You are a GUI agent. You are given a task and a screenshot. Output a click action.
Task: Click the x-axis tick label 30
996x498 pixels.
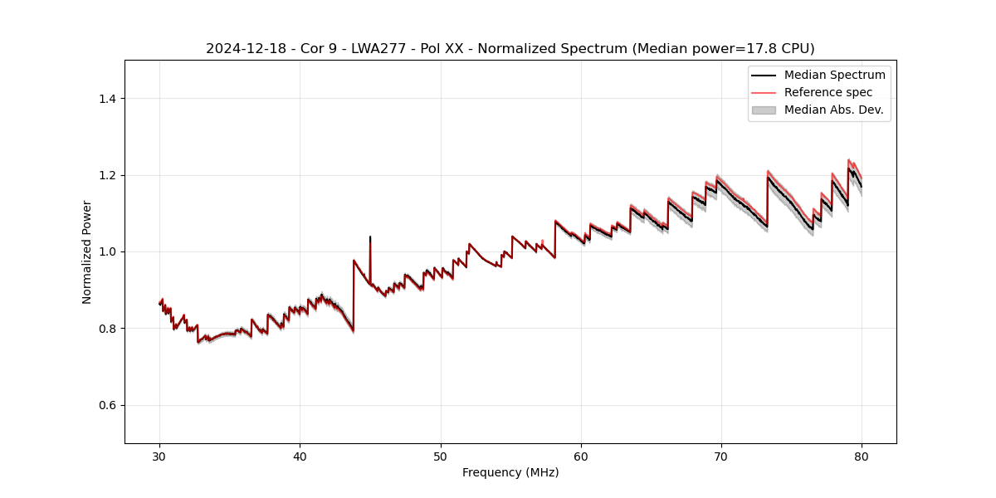tap(159, 456)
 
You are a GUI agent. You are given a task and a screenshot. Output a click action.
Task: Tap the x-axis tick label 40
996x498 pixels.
tap(300, 456)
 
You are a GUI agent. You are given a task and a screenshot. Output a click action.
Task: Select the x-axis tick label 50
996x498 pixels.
tap(441, 456)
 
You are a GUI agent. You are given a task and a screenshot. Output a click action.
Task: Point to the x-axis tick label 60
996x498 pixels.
tap(581, 456)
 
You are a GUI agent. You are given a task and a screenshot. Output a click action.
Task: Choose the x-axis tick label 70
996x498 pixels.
tap(721, 456)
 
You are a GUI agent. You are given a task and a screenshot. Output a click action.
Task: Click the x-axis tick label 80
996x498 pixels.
tap(862, 456)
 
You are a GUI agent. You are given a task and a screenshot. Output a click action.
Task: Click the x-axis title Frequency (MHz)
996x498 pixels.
tap(510, 472)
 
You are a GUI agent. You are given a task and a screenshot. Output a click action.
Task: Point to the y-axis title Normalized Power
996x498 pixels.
tap(87, 251)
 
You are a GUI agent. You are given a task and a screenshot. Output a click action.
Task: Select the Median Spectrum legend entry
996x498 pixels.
tap(834, 75)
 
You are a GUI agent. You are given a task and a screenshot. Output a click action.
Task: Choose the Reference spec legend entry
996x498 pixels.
tap(828, 92)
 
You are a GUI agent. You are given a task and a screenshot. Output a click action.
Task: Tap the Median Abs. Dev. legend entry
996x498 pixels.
tap(833, 110)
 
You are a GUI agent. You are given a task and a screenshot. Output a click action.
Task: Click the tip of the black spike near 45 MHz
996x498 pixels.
tap(370, 237)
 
